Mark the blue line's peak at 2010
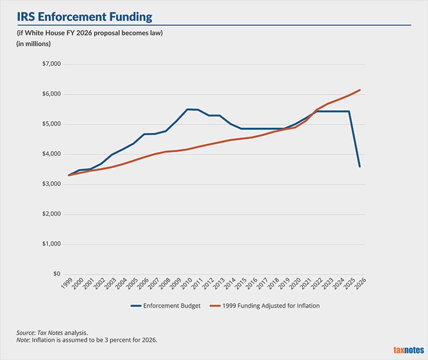[x=187, y=109]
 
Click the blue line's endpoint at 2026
[x=360, y=166]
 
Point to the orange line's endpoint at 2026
[x=360, y=90]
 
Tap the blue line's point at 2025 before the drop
[x=349, y=111]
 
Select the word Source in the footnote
[x=24, y=333]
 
